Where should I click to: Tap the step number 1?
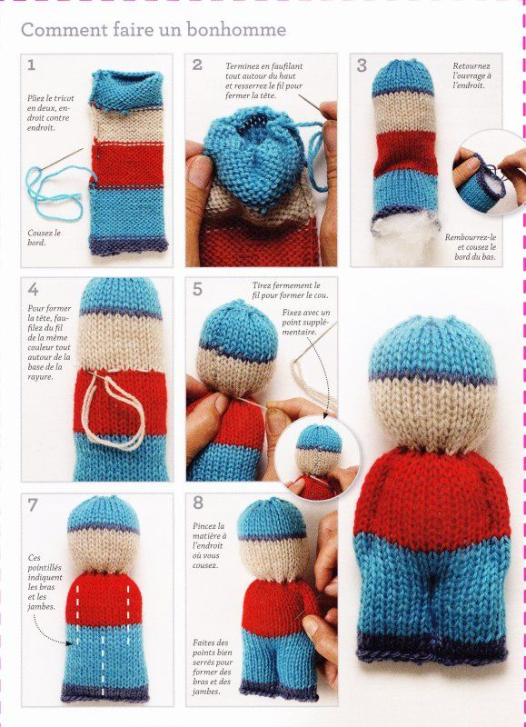coord(31,65)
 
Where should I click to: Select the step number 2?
coord(197,65)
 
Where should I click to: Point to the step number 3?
coord(362,65)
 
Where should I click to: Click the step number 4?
coord(33,289)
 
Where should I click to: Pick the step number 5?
coord(197,289)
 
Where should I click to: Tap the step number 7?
coord(33,505)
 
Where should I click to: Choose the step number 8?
coord(198,503)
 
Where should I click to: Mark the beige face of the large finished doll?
coord(432,413)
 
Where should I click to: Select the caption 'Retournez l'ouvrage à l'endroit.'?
coord(471,76)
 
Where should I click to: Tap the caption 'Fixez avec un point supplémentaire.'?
coord(306,323)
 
